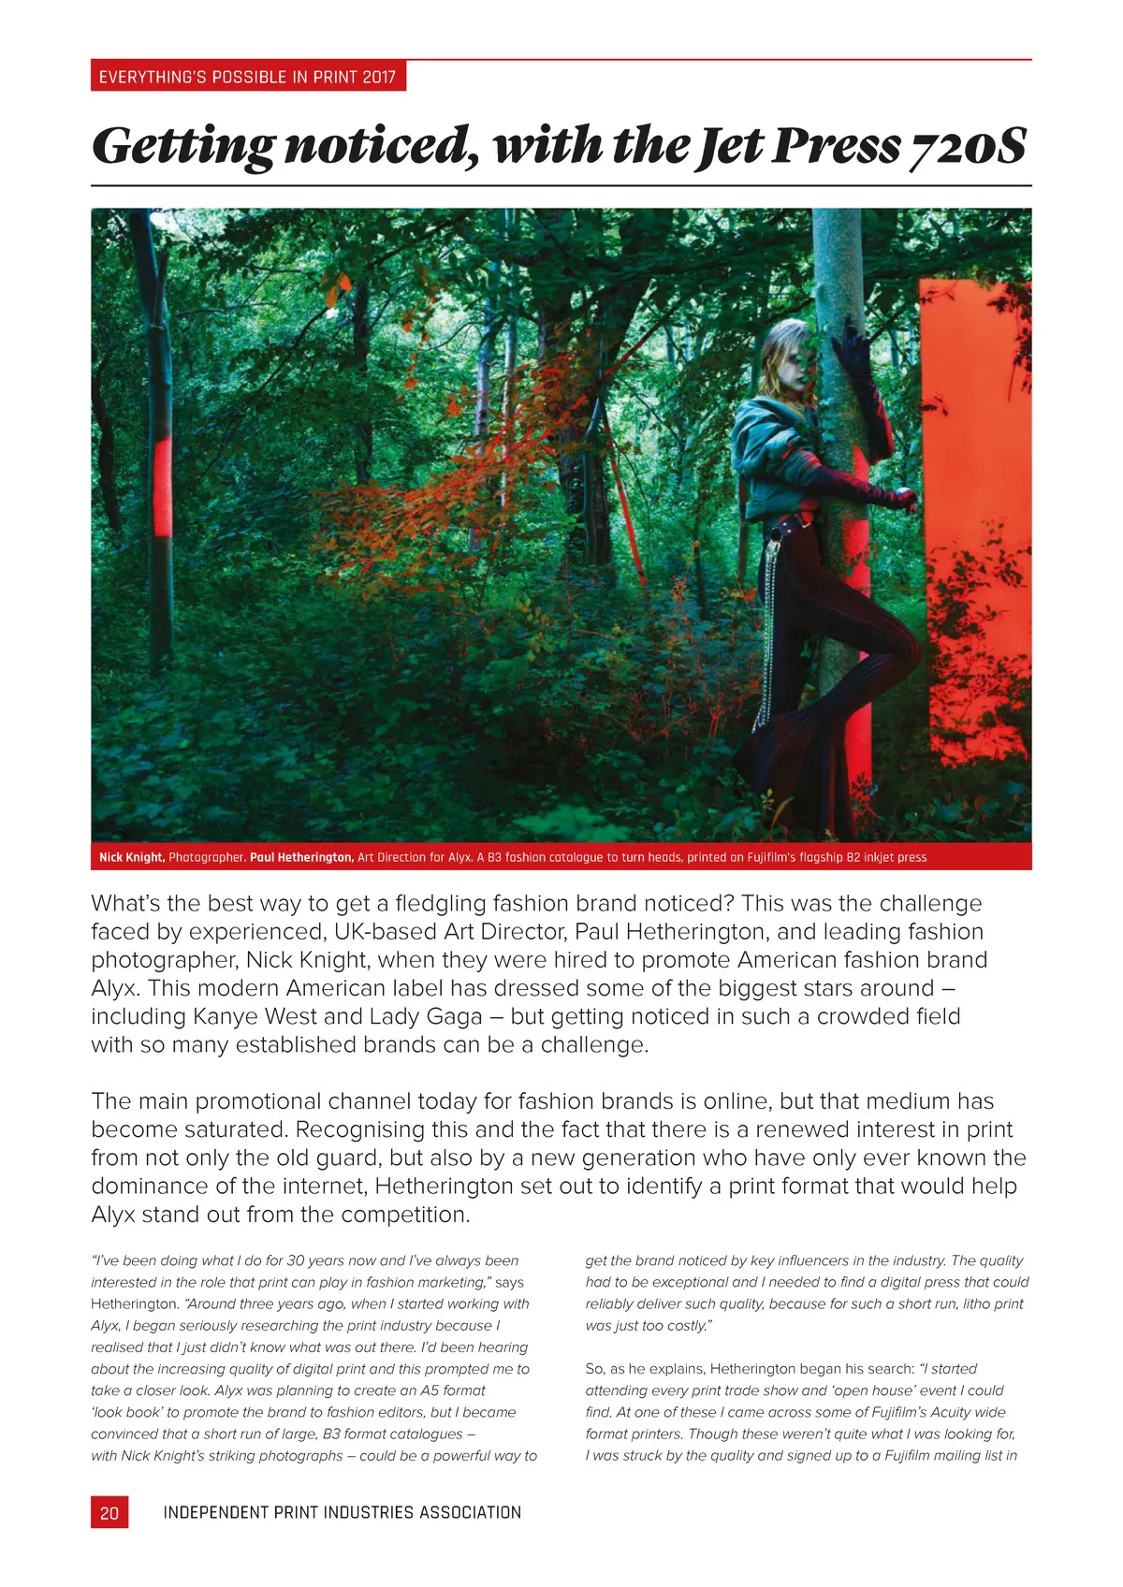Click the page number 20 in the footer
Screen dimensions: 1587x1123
[x=109, y=1512]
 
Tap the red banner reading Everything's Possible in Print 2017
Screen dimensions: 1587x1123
[x=248, y=76]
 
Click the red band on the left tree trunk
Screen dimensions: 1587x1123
[x=162, y=487]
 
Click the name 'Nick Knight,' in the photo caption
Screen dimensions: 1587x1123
[x=132, y=857]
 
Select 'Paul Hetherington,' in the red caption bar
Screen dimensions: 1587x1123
[x=301, y=857]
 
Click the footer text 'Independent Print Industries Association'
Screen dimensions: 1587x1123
[x=342, y=1512]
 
